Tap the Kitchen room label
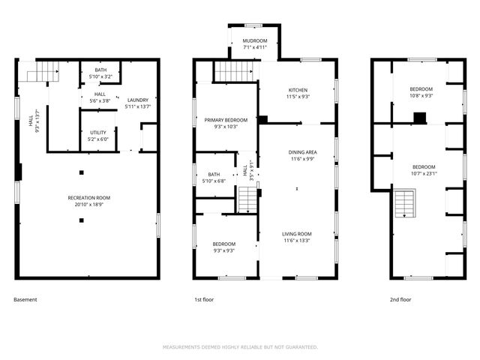click(298, 92)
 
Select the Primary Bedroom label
click(226, 123)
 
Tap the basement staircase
click(43, 73)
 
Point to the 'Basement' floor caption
click(25, 300)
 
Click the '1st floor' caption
click(204, 300)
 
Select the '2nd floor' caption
click(400, 300)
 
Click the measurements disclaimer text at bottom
click(240, 347)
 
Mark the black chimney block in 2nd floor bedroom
click(420, 117)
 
